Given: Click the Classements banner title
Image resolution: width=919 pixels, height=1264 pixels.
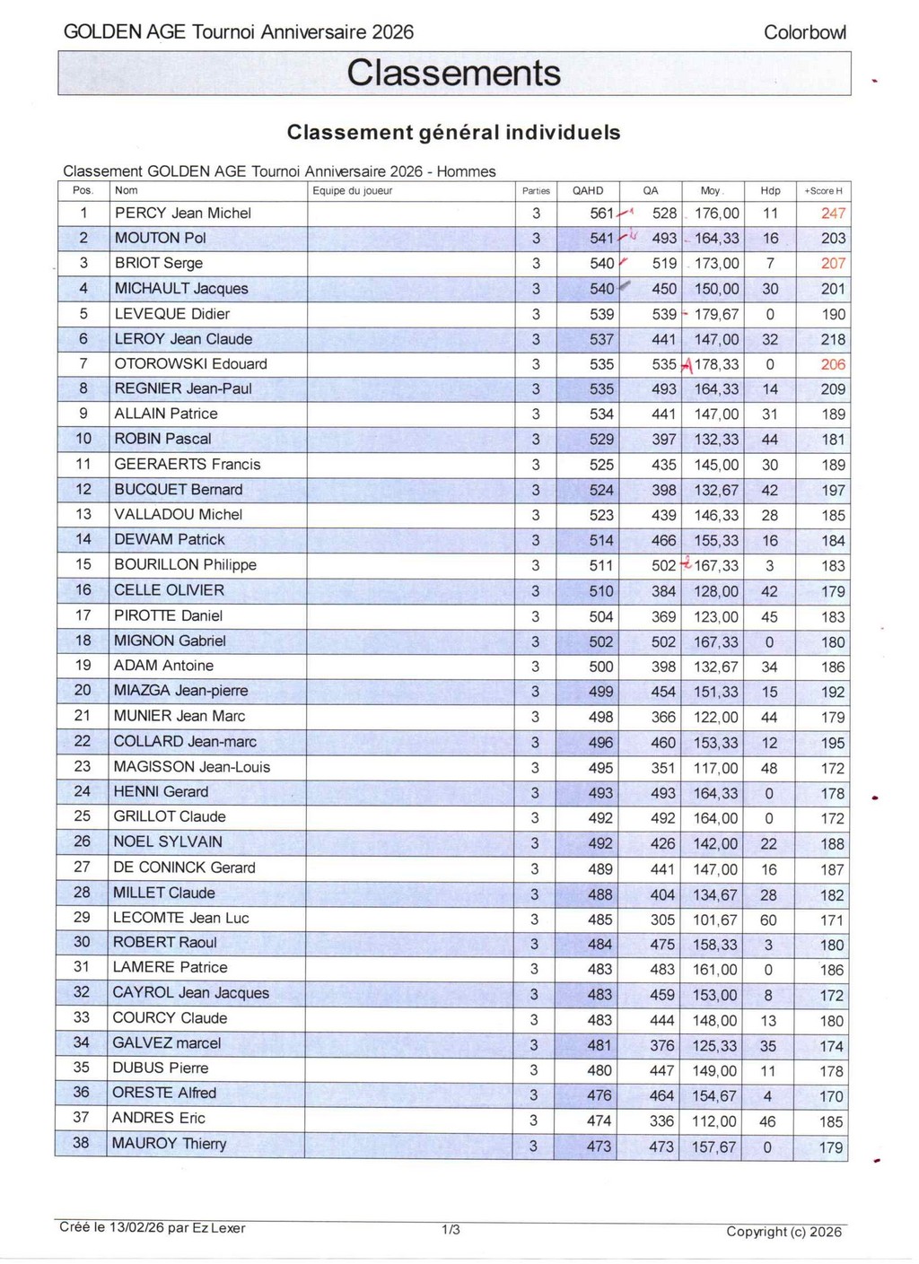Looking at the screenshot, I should point(453,74).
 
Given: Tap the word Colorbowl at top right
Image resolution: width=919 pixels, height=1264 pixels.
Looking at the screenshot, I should point(804,32).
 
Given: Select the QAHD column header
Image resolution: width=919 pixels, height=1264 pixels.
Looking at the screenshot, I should point(588,191).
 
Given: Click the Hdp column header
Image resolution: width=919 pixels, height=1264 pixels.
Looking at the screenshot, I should point(770,191).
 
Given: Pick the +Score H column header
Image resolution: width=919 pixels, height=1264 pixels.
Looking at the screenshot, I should point(823,191).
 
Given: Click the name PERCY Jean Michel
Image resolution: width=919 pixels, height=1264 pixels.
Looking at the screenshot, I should point(183,214).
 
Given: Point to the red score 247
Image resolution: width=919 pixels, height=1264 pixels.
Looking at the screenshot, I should point(833,214).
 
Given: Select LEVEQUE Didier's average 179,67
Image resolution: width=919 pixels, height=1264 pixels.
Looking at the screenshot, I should point(716,314).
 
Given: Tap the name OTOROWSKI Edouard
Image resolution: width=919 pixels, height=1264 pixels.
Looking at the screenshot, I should point(190,364).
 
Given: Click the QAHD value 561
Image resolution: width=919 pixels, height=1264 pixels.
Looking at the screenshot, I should point(601,214).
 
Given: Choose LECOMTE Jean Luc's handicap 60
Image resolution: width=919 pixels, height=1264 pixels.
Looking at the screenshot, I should point(768,920).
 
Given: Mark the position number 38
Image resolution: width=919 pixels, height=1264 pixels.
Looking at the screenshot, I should point(81,1143).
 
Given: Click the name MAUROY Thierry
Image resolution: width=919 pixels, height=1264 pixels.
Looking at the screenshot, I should point(169,1144).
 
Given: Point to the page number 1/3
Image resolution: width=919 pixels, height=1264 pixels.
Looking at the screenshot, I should point(451,1229).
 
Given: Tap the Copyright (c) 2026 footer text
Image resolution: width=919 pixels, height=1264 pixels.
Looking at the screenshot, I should point(783,1232).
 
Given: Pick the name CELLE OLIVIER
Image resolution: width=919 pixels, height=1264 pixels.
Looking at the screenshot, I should point(169,590).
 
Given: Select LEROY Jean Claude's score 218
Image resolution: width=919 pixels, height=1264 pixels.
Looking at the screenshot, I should point(833,339).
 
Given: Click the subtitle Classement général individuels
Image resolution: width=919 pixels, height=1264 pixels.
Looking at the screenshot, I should point(453,133).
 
